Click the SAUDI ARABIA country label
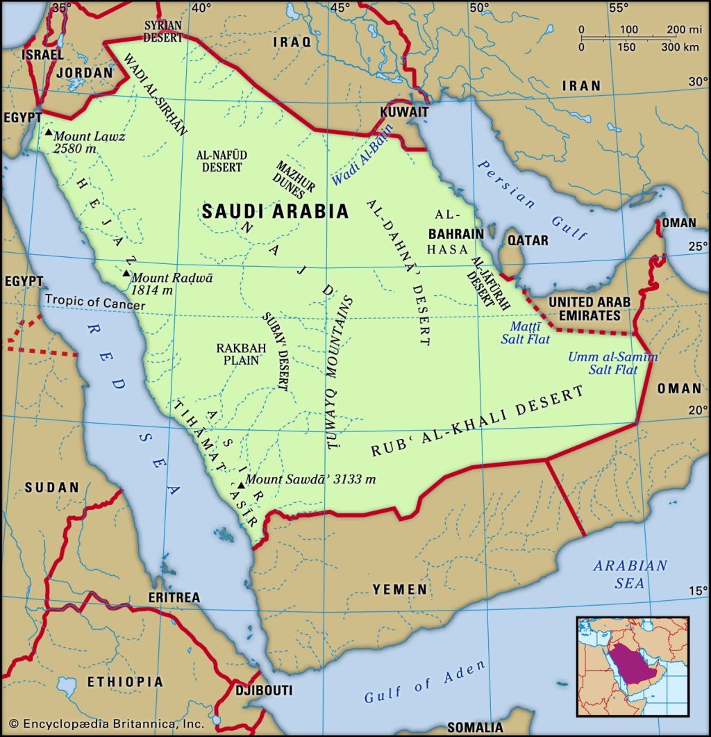pos(275,212)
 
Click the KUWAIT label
pos(403,112)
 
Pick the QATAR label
pos(527,240)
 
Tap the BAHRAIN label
pos(455,233)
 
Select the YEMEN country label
pos(400,589)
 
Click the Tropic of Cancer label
pos(95,305)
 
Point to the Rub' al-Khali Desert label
pos(477,422)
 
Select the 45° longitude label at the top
pos(340,8)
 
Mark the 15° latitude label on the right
pos(697,591)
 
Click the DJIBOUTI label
pos(264,690)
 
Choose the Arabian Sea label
pos(630,574)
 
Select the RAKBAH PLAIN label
pos(237,354)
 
